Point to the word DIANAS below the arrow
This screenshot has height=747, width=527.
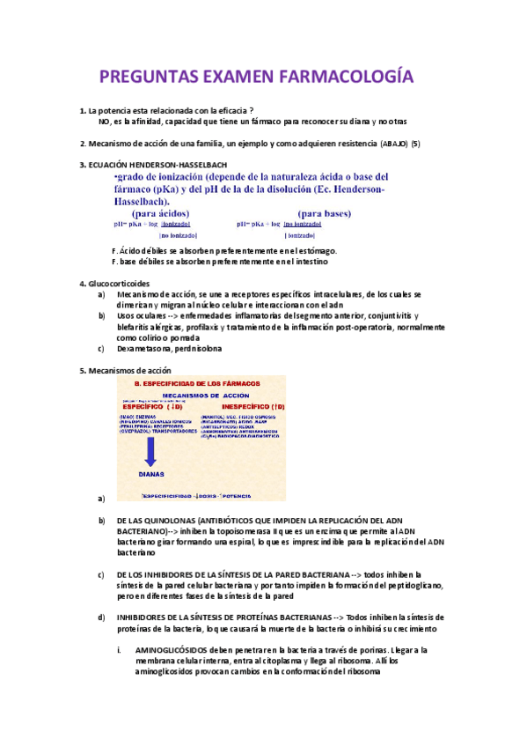click(x=152, y=472)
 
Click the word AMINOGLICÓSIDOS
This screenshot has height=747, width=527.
click(x=170, y=650)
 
